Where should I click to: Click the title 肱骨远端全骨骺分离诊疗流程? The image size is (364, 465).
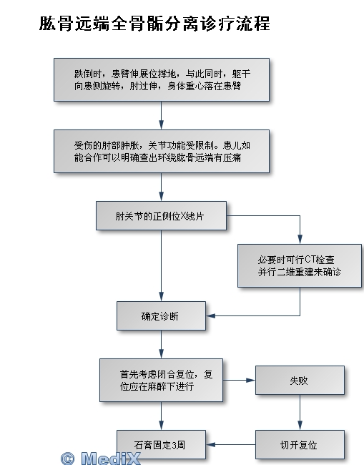(154, 24)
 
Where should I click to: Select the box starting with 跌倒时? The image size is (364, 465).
(162, 80)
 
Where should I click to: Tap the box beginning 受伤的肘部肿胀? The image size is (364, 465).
(162, 151)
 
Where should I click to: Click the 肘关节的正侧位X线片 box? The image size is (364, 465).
(161, 216)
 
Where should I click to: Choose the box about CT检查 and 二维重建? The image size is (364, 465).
(300, 265)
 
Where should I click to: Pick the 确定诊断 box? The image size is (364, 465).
(161, 315)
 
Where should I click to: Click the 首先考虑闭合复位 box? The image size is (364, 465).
(161, 380)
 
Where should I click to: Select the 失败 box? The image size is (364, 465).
(300, 380)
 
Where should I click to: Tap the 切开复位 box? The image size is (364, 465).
(300, 444)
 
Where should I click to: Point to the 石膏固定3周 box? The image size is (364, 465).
(161, 444)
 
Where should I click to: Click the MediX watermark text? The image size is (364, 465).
(110, 458)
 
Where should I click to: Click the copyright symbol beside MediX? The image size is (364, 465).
(68, 459)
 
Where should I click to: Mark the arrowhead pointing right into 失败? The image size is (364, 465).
(251, 380)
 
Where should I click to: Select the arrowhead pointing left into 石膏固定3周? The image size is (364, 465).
(210, 444)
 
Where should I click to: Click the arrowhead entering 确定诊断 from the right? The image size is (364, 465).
(210, 315)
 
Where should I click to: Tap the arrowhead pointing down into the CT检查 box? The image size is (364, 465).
(300, 240)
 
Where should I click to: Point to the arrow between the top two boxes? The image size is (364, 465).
(161, 115)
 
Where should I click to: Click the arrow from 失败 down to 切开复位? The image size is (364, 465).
(300, 412)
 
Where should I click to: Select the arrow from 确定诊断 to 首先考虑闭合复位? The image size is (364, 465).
(161, 344)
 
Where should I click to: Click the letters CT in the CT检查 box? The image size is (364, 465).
(310, 260)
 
